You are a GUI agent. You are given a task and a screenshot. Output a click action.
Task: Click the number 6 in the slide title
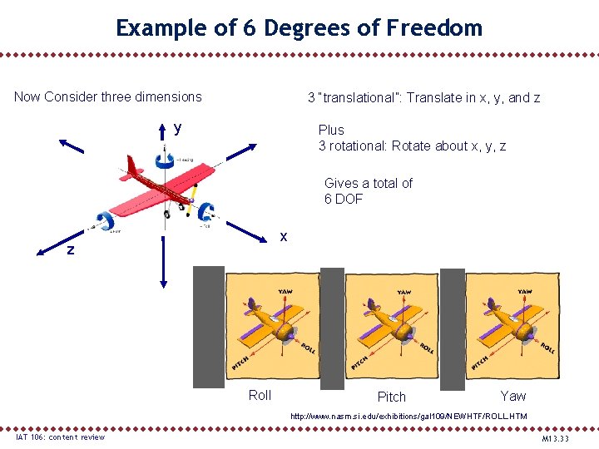click(248, 28)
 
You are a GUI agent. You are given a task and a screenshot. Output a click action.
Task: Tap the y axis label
click(177, 128)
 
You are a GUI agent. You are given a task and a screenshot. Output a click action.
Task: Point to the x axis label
click(284, 236)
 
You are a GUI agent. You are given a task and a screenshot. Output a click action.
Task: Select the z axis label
click(72, 249)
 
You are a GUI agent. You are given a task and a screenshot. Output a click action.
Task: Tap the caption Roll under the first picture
click(260, 395)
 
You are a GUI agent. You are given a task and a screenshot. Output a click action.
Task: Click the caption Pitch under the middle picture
click(392, 397)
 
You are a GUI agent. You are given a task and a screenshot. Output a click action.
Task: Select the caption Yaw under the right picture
click(513, 395)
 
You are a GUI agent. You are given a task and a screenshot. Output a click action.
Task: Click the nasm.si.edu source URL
click(408, 415)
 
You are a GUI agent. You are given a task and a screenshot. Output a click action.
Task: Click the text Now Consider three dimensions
click(108, 96)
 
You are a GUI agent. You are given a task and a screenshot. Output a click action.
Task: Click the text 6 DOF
click(344, 199)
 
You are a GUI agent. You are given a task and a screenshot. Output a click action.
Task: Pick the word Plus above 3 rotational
click(331, 130)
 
